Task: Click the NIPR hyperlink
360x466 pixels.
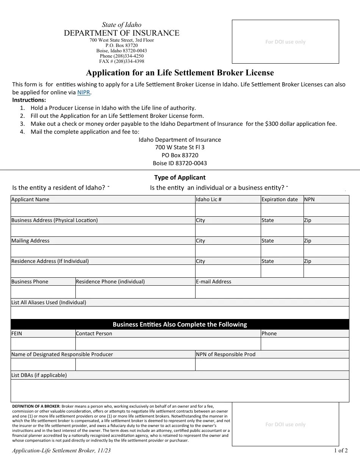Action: [84, 92]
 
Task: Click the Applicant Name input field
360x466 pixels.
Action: [102, 210]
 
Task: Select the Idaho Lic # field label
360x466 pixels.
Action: [208, 199]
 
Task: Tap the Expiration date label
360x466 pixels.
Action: [279, 199]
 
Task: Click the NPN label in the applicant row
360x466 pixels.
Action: [309, 199]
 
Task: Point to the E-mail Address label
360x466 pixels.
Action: [213, 281]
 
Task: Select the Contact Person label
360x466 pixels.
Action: [94, 333]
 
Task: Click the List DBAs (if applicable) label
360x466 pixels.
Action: [39, 375]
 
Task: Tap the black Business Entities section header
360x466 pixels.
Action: [180, 324]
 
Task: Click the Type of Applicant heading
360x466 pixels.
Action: [180, 177]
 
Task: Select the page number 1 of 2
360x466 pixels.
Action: [341, 450]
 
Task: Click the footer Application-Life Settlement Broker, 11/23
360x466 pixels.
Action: [61, 450]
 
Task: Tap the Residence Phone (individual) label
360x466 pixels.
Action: [110, 281]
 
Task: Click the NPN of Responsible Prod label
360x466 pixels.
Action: [225, 354]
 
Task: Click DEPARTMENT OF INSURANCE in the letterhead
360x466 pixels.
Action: [122, 33]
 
